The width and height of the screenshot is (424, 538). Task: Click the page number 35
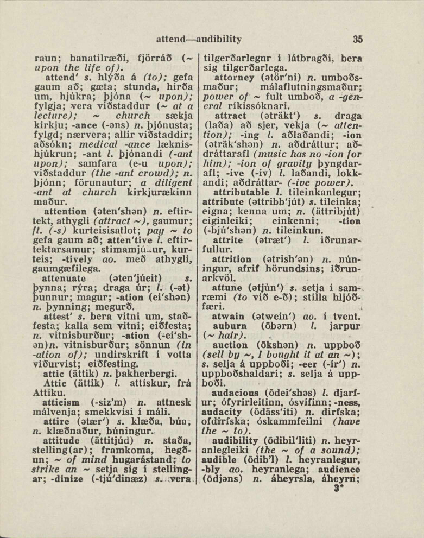coord(357,39)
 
